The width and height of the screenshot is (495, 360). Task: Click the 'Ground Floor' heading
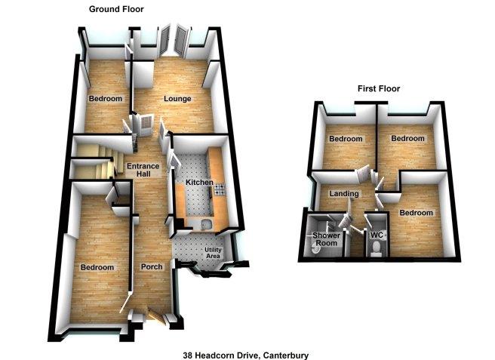pos(116,9)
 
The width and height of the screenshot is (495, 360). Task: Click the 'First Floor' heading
pos(379,89)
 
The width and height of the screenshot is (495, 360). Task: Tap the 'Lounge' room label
pos(177,99)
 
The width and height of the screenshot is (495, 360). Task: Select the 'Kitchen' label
pos(199,182)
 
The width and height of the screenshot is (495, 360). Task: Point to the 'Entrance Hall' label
pos(143,170)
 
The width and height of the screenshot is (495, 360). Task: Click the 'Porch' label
pos(152,267)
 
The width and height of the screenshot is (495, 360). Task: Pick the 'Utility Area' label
pos(213,253)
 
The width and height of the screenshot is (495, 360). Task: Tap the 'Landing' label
pos(344,193)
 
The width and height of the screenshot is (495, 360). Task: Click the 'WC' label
pos(377,235)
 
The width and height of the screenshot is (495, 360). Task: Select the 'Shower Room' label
pos(327,239)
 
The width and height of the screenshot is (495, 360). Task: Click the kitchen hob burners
pos(220,189)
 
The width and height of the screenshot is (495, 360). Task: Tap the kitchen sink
pos(206,224)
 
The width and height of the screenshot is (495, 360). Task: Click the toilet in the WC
pos(376,248)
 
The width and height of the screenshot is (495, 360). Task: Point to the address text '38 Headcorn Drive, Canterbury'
pos(245,355)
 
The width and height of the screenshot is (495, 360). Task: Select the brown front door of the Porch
pos(156,316)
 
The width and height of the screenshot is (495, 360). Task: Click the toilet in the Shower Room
pos(315,250)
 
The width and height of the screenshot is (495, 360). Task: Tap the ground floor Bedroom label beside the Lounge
pos(106,99)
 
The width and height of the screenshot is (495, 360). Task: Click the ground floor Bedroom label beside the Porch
pos(97,267)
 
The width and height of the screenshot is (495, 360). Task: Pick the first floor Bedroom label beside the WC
pos(416,213)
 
